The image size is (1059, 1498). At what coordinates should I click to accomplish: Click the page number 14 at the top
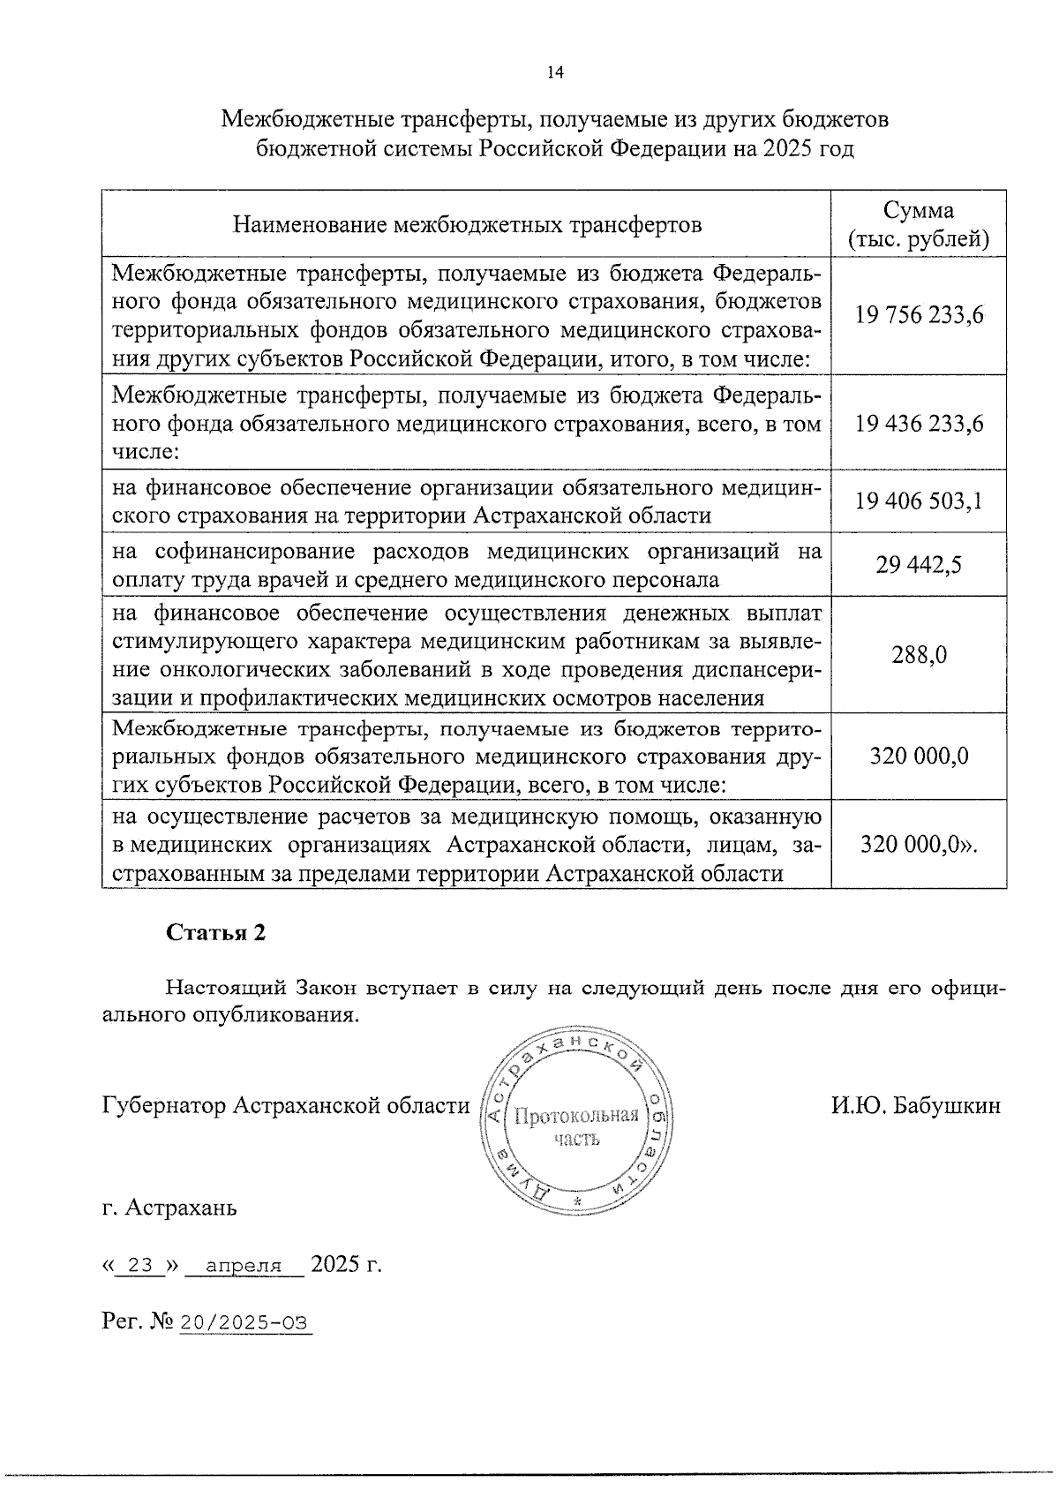point(554,73)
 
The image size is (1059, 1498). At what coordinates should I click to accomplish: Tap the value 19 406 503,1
point(919,502)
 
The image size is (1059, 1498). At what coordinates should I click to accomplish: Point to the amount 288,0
point(919,655)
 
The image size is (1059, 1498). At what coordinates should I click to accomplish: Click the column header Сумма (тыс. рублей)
point(919,225)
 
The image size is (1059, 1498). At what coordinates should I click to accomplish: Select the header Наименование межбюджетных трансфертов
point(467,225)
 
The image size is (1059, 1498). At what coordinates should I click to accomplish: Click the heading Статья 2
point(216,934)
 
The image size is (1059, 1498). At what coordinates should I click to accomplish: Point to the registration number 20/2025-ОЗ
point(245,1321)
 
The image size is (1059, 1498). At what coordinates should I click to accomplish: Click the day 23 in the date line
point(141,1265)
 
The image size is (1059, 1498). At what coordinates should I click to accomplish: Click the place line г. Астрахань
point(169,1207)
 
